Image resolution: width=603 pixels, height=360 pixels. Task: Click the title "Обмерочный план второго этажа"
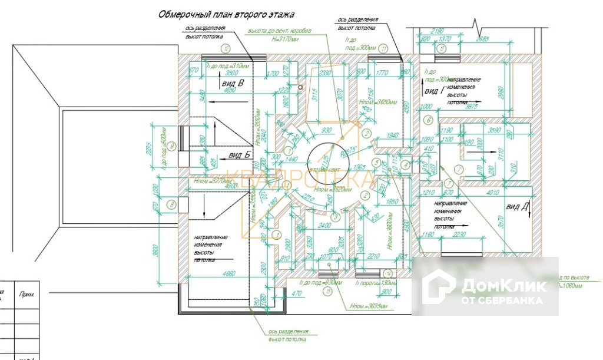point(226,15)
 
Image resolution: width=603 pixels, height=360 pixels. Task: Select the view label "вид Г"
point(434,91)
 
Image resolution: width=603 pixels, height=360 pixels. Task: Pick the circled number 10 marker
point(226,48)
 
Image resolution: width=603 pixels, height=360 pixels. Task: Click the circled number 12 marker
point(442,48)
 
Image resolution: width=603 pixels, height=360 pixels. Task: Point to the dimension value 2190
point(437,30)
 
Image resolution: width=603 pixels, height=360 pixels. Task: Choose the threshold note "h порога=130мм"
point(375,283)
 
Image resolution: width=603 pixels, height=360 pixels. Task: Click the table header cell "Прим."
point(26,293)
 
